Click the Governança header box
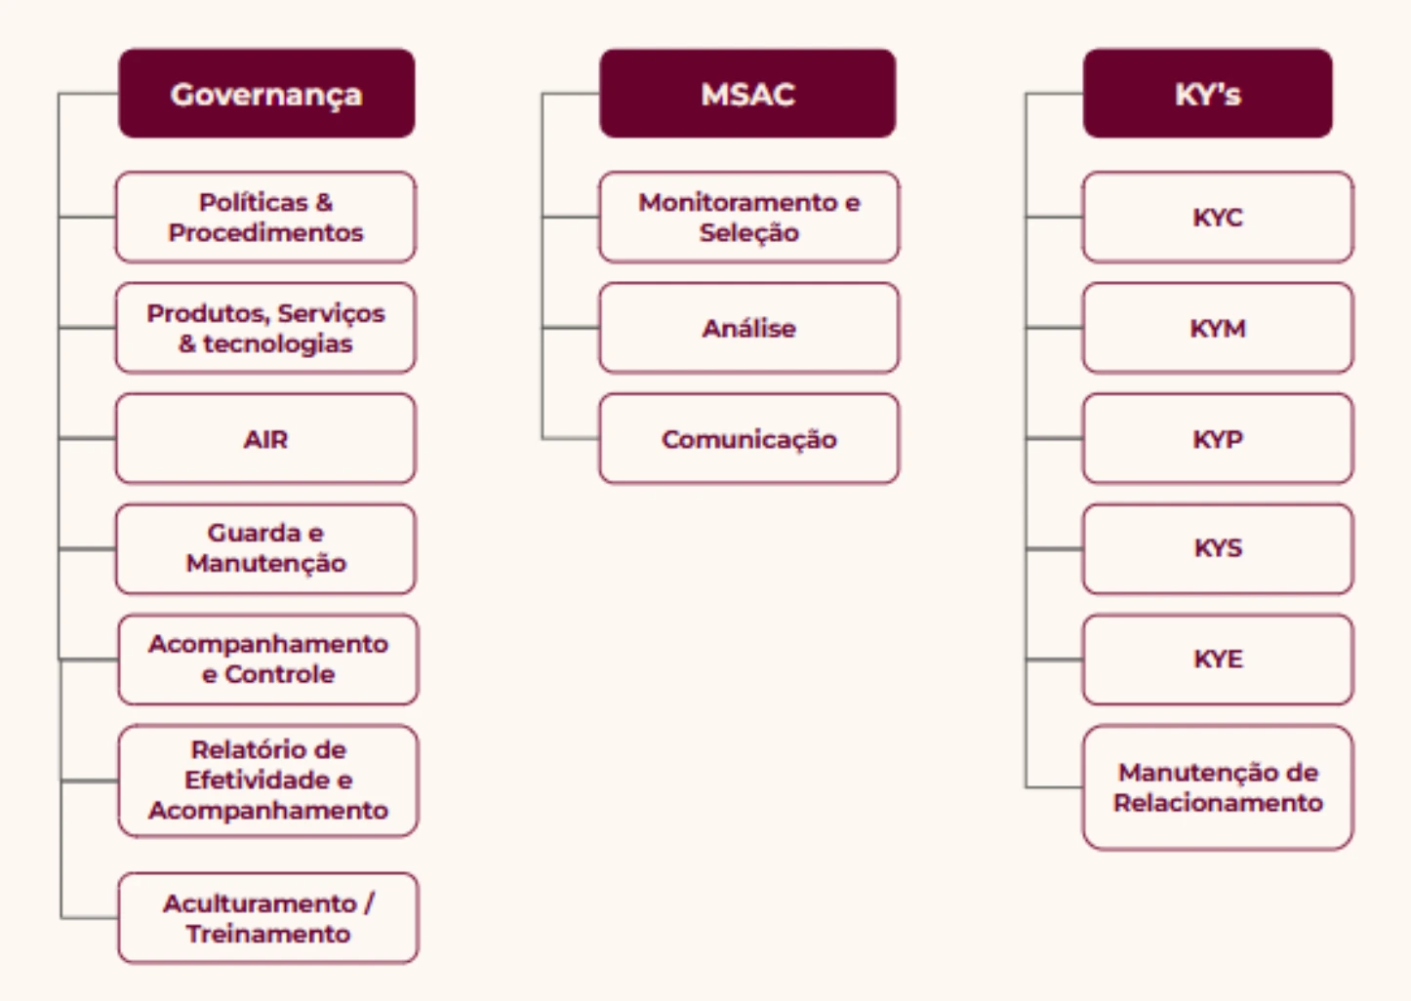(266, 94)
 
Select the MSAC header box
(747, 94)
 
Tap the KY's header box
(1207, 94)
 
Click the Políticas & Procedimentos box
(265, 217)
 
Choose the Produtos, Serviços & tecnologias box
(265, 328)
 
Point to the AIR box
(265, 439)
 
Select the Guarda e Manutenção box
(265, 548)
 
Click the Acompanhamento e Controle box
(268, 659)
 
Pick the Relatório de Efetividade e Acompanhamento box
(268, 781)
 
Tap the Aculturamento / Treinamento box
(268, 918)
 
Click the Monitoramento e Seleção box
(748, 217)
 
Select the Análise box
(748, 328)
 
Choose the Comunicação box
(748, 439)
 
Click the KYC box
(1218, 217)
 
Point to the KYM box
(1218, 328)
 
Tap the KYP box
(1218, 439)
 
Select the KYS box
(1218, 548)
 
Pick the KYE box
(1218, 659)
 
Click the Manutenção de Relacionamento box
(1218, 787)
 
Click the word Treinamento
(268, 934)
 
